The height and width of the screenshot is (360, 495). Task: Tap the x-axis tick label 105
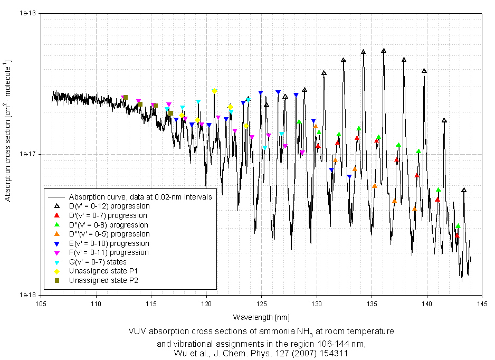[41, 305]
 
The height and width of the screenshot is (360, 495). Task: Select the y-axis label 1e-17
[25, 154]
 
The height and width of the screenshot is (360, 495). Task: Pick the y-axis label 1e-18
[25, 295]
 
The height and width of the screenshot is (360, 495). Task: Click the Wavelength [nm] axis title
[261, 317]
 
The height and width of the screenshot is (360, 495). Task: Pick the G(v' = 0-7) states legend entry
[98, 262]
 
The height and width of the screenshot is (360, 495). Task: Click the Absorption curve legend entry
[140, 197]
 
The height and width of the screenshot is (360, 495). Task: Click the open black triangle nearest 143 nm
[464, 191]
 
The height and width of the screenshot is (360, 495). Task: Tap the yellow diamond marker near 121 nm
[214, 91]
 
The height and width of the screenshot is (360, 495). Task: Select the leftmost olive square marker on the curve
[125, 97]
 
